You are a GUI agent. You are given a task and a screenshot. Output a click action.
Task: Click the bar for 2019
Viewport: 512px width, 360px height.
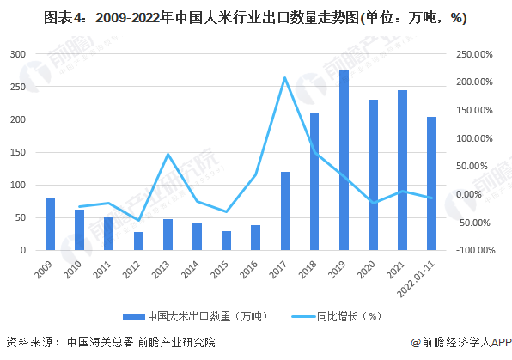344,161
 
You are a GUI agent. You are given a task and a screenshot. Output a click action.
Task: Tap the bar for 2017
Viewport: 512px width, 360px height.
285,211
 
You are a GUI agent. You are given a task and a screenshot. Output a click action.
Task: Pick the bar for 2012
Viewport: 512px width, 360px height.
138,241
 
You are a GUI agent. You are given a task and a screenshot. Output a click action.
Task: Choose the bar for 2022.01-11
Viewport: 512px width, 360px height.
431,183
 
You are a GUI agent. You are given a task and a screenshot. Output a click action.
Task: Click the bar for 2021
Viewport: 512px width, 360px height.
402,170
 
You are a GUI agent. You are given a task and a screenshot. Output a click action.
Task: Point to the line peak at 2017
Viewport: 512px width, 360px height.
284,77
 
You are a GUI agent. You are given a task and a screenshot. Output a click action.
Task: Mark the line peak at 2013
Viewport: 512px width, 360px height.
168,154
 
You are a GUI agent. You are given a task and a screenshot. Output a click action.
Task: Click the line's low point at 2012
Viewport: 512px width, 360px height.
138,221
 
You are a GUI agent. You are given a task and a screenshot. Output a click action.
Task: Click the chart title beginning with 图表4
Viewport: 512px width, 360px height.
255,18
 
